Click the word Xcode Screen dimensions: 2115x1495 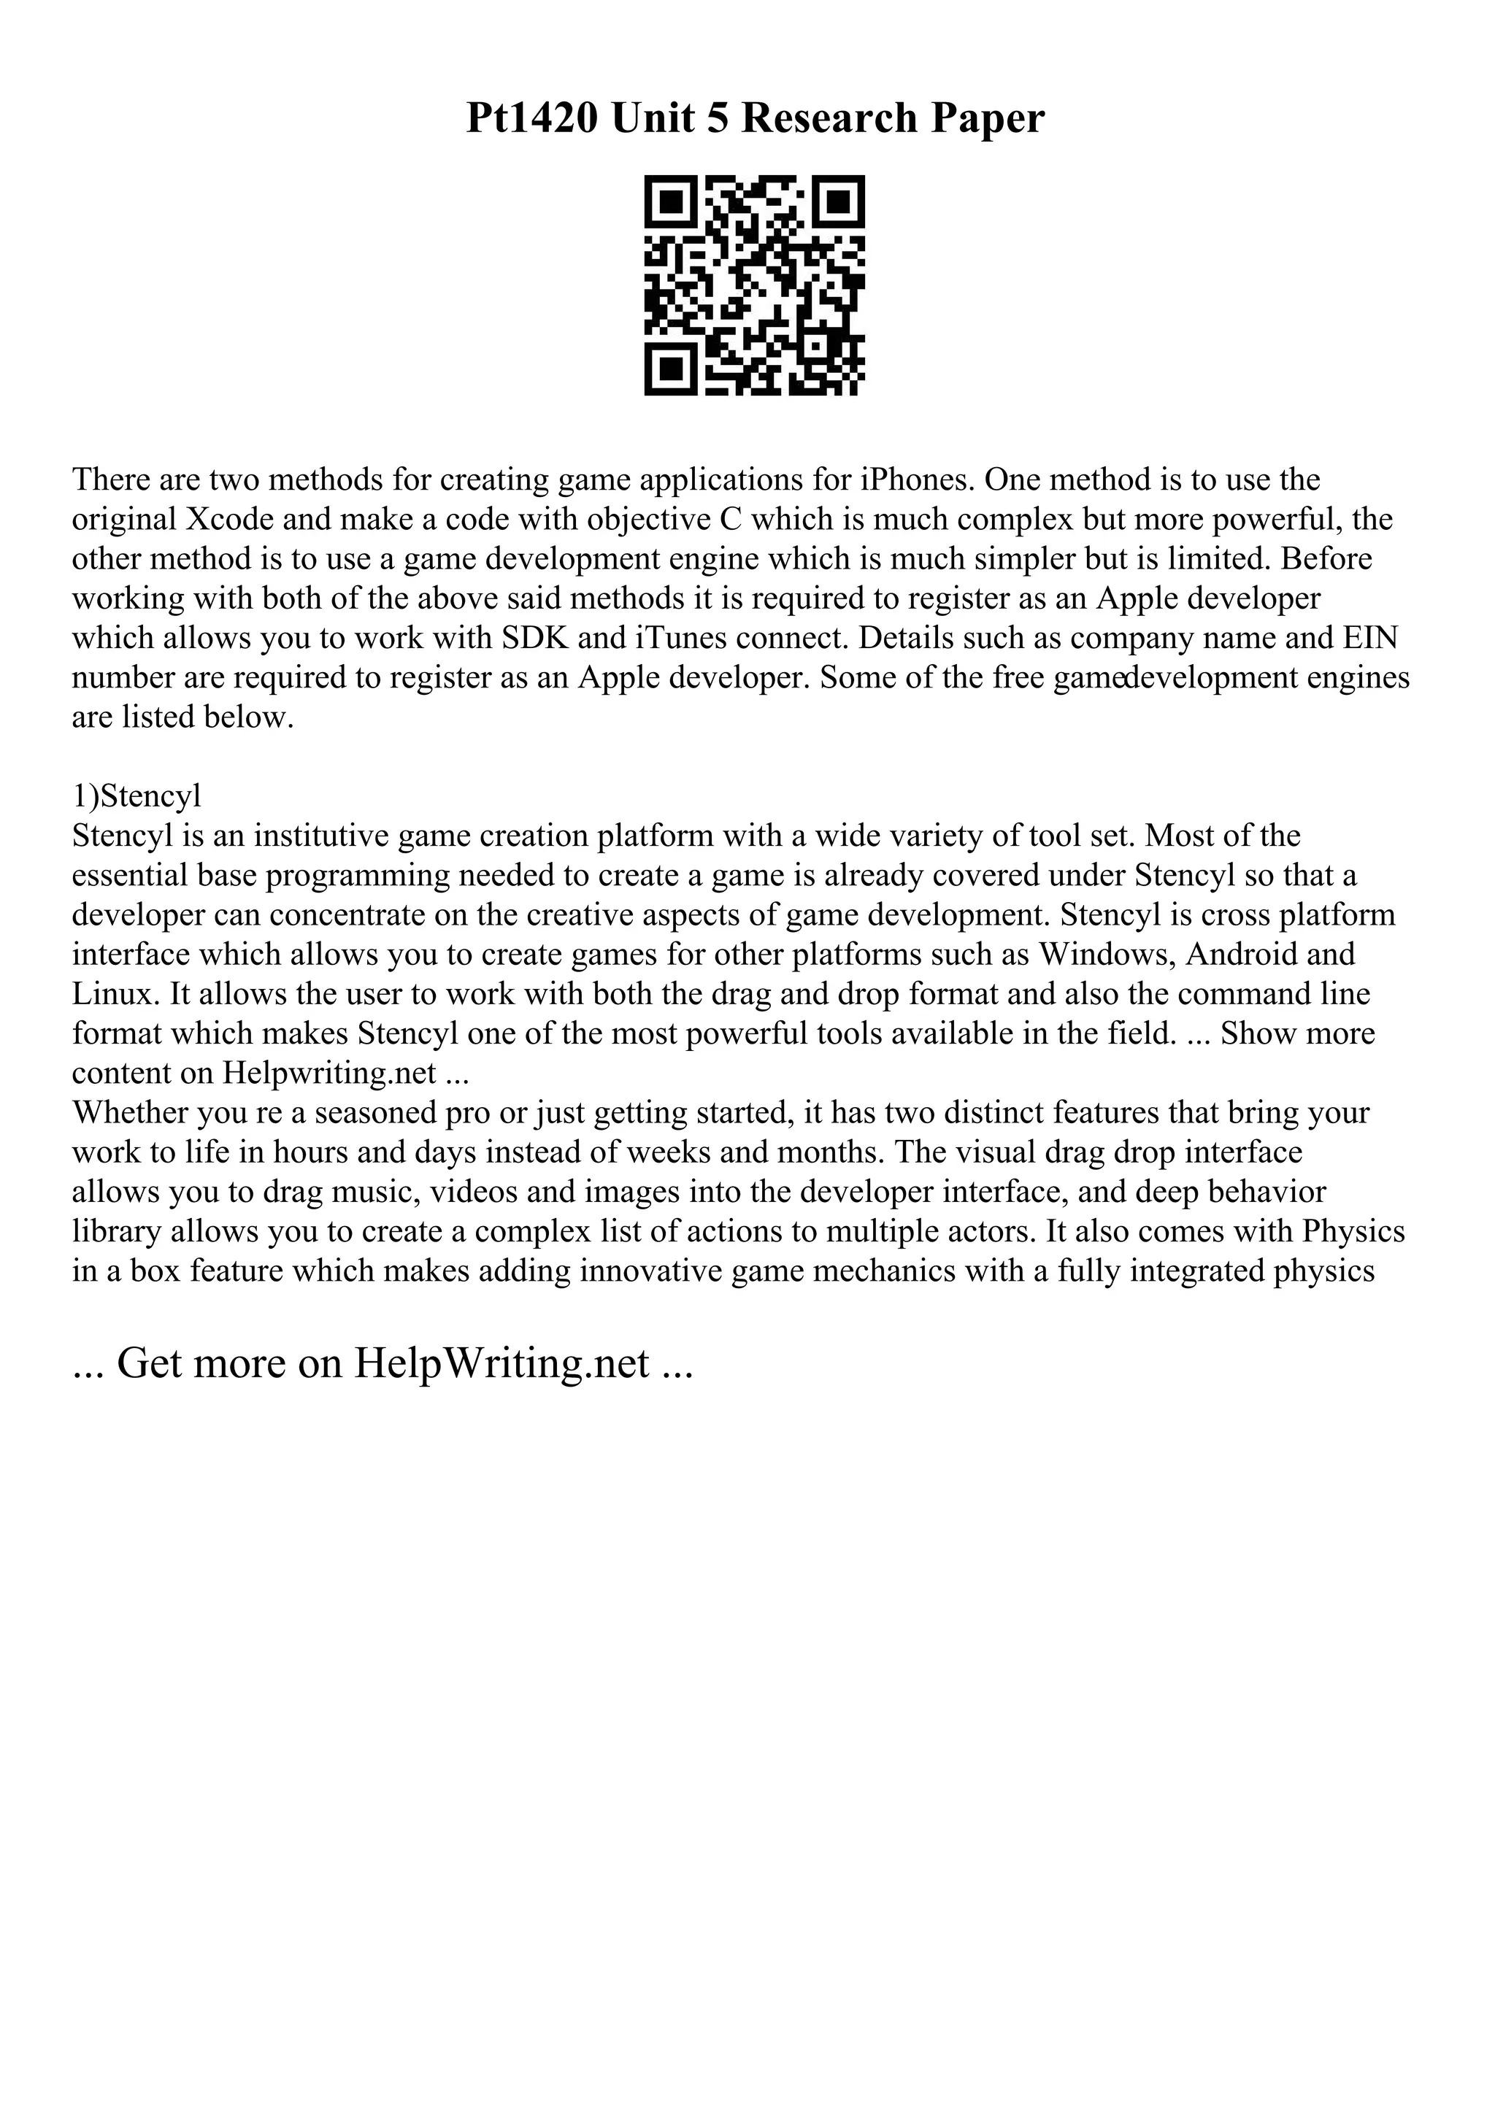pyautogui.click(x=230, y=520)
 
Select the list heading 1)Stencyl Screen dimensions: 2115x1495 pyautogui.click(x=137, y=796)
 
